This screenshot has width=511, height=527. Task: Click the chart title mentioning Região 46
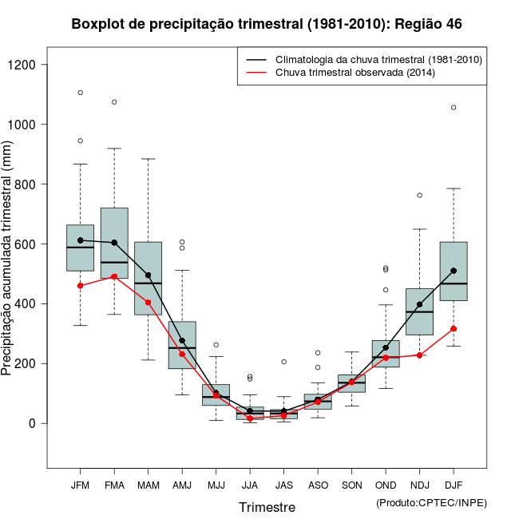click(267, 25)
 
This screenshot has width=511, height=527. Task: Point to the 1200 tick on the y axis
click(31, 65)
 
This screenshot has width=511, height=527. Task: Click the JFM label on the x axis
click(80, 485)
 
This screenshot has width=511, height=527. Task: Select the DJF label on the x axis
click(454, 485)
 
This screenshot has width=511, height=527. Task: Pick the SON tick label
click(351, 485)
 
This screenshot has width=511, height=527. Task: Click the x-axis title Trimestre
click(267, 507)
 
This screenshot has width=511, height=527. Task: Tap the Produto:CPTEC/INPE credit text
click(431, 502)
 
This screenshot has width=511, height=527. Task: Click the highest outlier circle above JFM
click(81, 93)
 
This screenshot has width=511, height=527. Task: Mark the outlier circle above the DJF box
click(454, 107)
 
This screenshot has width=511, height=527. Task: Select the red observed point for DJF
click(454, 329)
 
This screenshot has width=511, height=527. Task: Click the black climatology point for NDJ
click(419, 304)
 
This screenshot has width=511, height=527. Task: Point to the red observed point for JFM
click(81, 285)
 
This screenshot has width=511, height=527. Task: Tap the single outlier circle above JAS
click(283, 362)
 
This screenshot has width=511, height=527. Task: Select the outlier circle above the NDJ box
click(419, 195)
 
